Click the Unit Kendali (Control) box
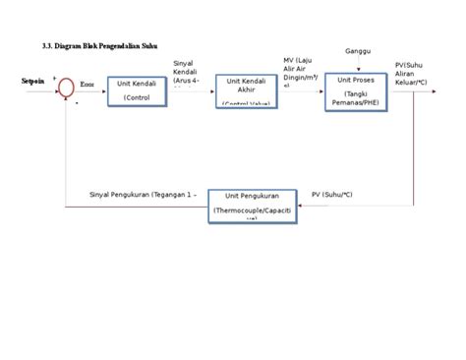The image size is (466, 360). (x=137, y=91)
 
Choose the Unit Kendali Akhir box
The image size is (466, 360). (x=245, y=91)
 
